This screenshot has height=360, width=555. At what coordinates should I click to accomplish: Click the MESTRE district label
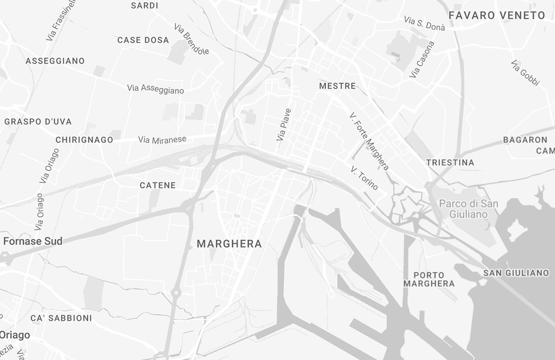337,86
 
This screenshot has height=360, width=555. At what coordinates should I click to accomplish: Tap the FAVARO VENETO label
496,16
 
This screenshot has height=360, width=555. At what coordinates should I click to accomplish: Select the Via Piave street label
284,125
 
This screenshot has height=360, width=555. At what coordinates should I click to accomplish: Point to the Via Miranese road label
162,140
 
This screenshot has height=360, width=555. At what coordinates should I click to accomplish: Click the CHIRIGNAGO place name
84,140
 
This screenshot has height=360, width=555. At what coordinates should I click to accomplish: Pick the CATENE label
158,185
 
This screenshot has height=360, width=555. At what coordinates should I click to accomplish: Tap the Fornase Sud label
33,242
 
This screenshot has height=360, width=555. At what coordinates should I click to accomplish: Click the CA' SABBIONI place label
61,318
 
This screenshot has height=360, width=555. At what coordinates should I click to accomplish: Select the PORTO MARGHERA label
429,279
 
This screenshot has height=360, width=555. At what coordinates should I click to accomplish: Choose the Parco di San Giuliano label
469,209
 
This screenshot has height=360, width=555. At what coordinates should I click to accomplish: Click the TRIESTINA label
450,163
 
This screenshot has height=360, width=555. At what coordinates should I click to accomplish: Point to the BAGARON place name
525,140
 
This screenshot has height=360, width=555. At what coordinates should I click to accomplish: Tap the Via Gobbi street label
525,73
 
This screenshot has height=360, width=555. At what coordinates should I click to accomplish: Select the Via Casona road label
422,60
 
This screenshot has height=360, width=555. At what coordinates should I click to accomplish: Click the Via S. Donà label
425,23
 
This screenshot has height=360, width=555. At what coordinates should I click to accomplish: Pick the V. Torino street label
364,178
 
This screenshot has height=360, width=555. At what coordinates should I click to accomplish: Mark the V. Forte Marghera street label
370,142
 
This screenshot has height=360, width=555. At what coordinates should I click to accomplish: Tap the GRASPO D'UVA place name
38,122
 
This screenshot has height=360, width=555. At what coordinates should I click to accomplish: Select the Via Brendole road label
192,39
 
